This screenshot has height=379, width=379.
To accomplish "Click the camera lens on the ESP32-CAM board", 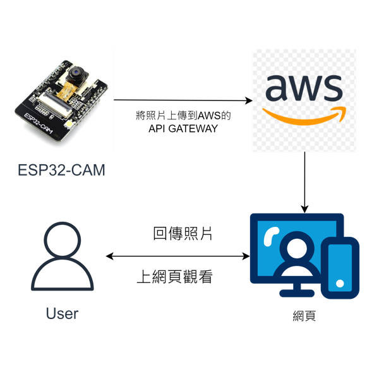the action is pos(75,72).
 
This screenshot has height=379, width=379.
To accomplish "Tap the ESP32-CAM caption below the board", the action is pos(61,170).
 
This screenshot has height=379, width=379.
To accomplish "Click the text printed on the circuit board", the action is pos(39,124).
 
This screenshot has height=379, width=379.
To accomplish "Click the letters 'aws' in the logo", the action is pos(304,88).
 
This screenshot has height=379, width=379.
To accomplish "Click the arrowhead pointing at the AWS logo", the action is pos(249,100).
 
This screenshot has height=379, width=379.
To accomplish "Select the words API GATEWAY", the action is pos(183,129).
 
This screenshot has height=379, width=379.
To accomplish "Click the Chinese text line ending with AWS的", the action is pos(183,116).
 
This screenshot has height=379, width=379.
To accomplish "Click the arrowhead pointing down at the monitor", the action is pos(305,209).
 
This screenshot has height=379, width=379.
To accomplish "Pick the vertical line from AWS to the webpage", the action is pos(305,183).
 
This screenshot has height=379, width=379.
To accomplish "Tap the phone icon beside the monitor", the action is pos(340,268).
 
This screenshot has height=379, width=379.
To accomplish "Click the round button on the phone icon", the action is pos(340,284).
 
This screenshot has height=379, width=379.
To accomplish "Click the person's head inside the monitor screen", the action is pos(297,248).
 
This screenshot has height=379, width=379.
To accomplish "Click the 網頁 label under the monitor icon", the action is pos(304,316).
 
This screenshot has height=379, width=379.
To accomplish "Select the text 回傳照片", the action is pos(183,234).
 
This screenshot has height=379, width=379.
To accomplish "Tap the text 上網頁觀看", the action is pos(175,277).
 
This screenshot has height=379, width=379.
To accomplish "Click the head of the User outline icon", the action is pos(63,240).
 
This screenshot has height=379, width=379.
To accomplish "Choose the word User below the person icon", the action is pos(62,313).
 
